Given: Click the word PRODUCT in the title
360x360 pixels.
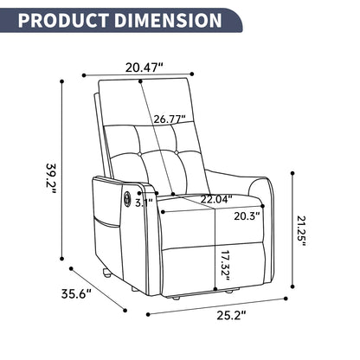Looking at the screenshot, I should [x=61, y=19].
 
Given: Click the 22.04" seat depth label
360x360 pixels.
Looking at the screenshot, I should [x=216, y=198].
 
